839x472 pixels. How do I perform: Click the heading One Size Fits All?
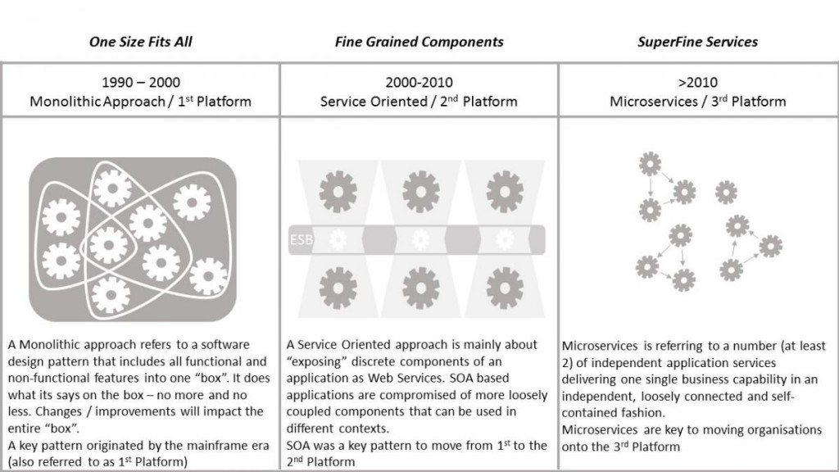tap(140, 42)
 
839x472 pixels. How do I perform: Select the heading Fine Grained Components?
tap(419, 42)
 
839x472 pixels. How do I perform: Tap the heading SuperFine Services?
tap(697, 42)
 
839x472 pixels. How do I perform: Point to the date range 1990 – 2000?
tap(141, 83)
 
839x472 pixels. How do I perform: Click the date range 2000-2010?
tap(419, 83)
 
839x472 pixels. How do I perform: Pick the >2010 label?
tap(698, 83)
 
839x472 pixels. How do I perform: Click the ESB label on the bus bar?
tap(301, 240)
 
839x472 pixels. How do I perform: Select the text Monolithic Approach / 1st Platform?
tap(140, 101)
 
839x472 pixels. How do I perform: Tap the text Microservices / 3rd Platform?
tap(698, 101)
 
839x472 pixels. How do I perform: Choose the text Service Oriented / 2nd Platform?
tap(419, 101)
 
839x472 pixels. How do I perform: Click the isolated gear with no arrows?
tap(726, 192)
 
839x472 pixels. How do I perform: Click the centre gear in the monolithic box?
tap(109, 245)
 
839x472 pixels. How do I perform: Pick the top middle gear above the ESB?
tap(420, 192)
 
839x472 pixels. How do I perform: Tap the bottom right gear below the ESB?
tap(505, 288)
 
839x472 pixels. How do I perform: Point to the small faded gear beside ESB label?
tap(338, 240)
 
